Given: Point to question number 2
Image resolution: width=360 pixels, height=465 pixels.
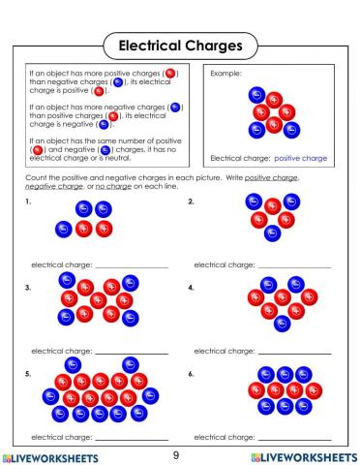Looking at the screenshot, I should (191, 201).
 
